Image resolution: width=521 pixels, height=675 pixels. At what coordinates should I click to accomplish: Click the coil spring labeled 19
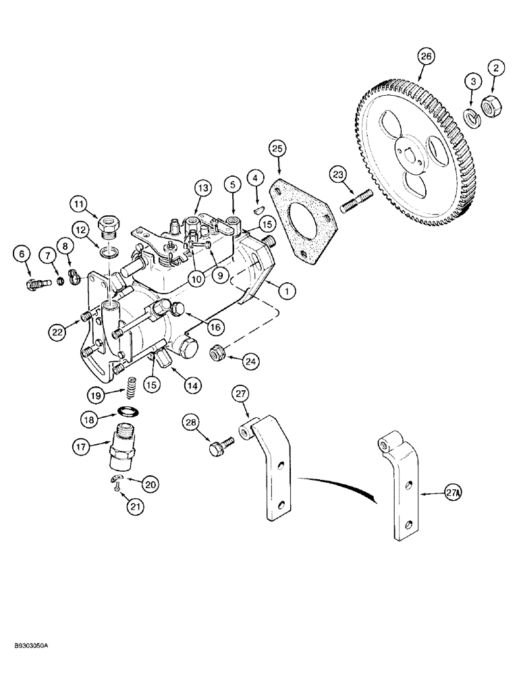point(129,388)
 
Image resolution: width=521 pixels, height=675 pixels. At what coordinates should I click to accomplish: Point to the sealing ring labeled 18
point(126,410)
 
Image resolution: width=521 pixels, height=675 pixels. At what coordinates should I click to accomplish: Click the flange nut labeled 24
point(220,351)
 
